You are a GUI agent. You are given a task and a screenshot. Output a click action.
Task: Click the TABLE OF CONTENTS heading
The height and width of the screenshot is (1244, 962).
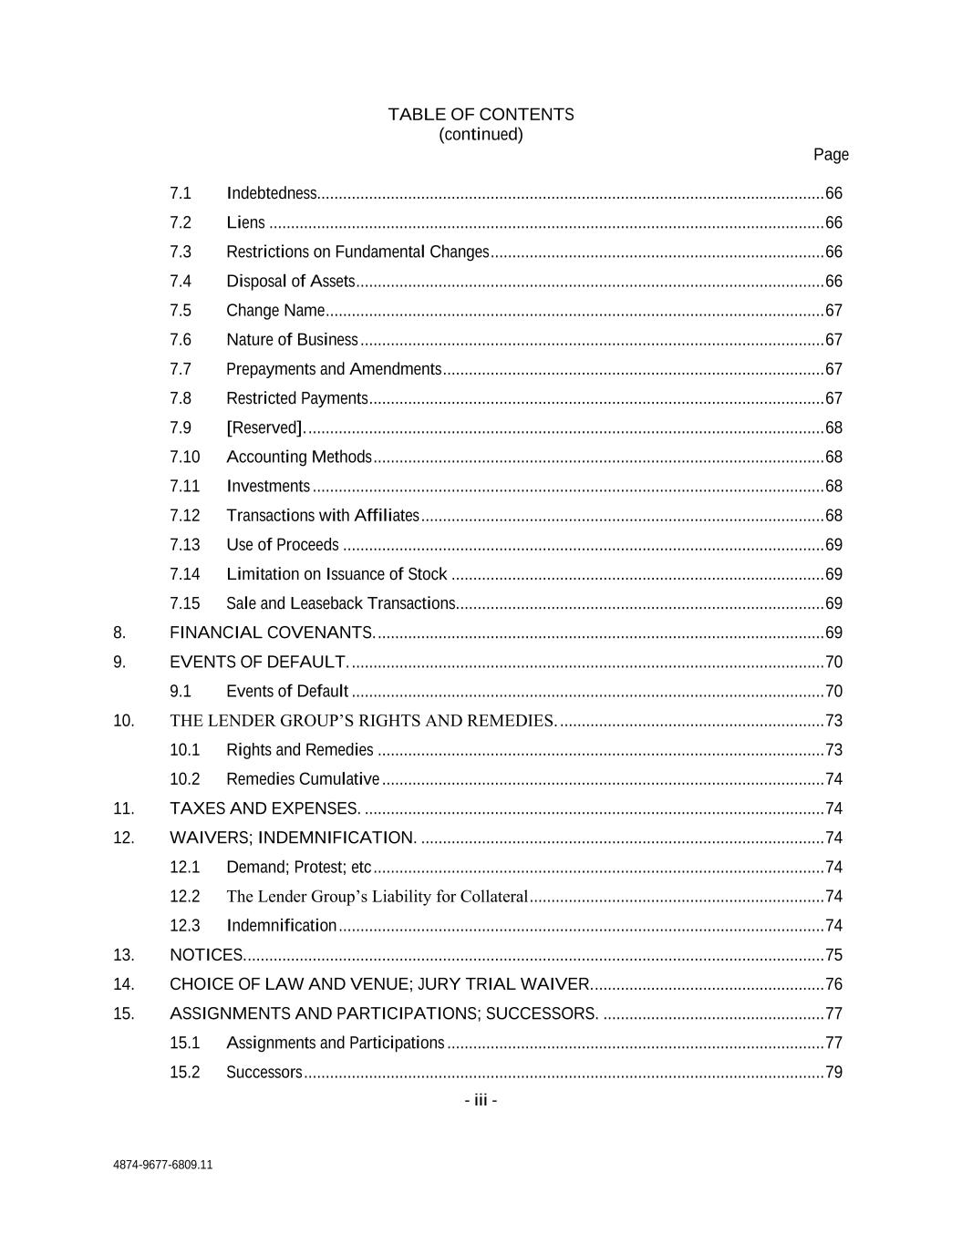point(481,115)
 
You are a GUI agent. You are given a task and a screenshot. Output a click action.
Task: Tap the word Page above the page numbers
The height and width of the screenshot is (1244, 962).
point(831,155)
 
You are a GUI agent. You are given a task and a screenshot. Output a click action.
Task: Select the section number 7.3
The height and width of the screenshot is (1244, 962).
point(181,252)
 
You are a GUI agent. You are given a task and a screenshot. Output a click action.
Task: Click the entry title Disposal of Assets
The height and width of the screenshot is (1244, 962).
point(290,282)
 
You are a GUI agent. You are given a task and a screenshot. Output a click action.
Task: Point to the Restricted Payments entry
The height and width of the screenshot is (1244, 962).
point(296,398)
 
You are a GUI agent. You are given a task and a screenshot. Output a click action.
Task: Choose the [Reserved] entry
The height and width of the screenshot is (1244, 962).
point(264,427)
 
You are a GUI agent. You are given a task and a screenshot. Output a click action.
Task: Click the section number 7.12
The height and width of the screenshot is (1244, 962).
point(184,516)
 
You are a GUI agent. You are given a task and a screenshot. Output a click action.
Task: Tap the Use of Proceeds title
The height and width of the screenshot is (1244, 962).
point(282,545)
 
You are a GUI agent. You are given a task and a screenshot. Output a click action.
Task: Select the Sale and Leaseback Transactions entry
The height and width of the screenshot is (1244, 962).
point(340,603)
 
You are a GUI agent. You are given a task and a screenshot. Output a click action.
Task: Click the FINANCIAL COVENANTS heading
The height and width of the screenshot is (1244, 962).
point(271,632)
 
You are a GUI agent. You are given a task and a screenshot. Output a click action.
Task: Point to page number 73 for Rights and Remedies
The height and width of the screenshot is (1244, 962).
point(833,750)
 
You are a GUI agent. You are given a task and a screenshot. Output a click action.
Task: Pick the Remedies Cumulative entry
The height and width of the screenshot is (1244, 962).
point(302,779)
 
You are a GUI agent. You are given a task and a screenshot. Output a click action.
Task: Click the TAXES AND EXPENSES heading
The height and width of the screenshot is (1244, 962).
point(264,808)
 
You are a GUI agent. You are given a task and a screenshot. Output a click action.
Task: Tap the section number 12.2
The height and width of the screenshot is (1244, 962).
point(184,897)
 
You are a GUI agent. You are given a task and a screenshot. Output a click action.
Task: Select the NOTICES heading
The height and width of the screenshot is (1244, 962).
point(206,955)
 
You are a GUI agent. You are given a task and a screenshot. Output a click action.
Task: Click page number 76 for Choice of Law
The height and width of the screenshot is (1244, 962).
point(833,984)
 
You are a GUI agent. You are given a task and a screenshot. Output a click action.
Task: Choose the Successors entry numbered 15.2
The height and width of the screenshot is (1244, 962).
point(264,1073)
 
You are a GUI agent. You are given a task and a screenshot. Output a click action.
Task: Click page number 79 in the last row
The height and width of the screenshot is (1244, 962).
point(833,1073)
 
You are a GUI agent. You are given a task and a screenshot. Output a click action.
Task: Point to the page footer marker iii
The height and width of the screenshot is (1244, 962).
point(481,1101)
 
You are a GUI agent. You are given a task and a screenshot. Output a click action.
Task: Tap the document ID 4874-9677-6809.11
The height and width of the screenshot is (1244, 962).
point(163,1165)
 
